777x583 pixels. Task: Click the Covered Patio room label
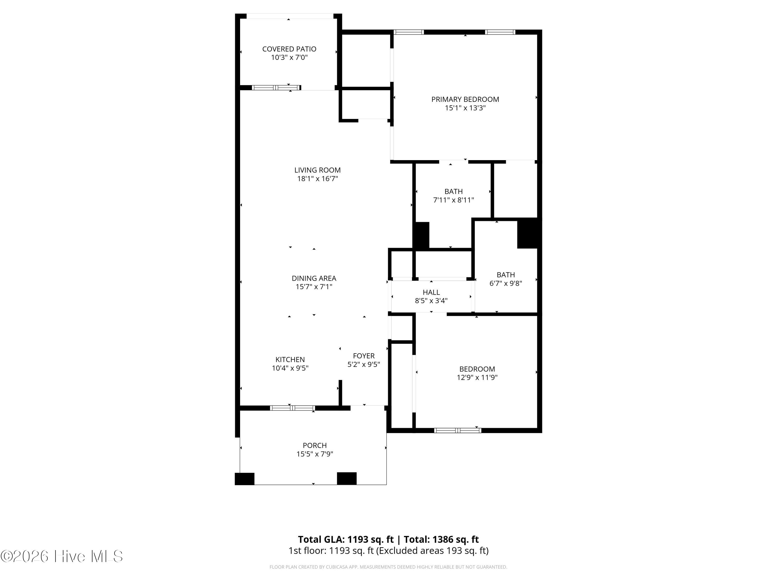click(289, 49)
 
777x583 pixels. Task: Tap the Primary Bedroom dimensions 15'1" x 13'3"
click(465, 108)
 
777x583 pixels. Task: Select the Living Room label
click(318, 170)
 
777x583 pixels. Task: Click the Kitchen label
click(290, 359)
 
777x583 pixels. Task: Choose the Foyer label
click(364, 356)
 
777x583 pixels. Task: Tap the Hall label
click(431, 292)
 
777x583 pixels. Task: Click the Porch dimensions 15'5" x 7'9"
click(315, 454)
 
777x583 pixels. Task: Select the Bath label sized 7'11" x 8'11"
click(454, 191)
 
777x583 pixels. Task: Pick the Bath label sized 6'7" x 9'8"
click(506, 275)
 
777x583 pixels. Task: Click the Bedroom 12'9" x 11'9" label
click(477, 369)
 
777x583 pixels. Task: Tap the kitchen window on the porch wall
click(292, 408)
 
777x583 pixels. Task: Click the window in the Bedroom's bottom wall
click(457, 430)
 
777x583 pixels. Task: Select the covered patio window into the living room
click(276, 88)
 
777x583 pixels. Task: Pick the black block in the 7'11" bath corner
click(422, 235)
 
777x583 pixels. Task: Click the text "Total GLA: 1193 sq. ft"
click(346, 539)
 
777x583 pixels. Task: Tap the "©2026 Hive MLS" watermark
click(62, 556)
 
